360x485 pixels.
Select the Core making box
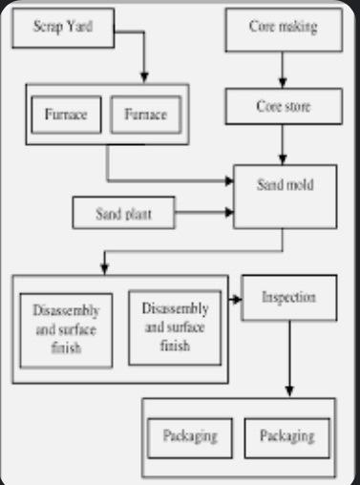283,29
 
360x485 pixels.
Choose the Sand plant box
125,213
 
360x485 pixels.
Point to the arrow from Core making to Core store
283,71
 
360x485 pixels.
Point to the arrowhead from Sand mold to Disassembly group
102,269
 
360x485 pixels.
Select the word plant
139,213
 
